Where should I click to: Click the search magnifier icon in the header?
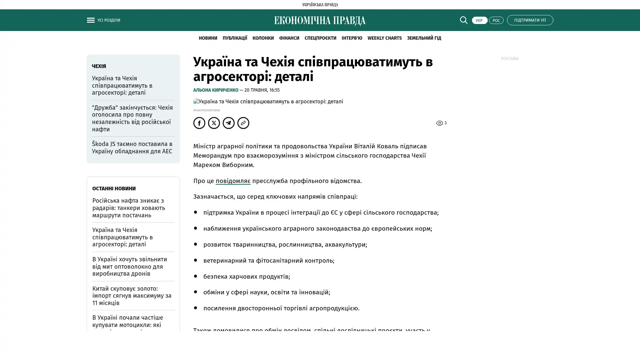tap(463, 20)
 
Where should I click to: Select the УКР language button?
tap(479, 20)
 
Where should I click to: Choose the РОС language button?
tap(496, 20)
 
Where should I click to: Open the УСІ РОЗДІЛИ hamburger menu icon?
tap(91, 20)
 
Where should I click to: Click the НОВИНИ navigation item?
tap(208, 38)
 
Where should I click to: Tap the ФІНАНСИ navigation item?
tap(289, 38)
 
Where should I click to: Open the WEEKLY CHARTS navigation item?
tap(384, 38)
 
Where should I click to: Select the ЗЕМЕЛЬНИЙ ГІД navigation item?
tap(424, 38)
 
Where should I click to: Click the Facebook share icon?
tap(199, 123)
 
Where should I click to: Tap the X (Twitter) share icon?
tap(214, 123)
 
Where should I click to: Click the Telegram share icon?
tap(229, 123)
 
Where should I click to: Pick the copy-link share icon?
tap(243, 123)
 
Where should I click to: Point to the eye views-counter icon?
tap(439, 123)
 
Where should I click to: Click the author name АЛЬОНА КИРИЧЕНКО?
tap(216, 90)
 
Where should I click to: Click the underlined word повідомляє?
tap(233, 181)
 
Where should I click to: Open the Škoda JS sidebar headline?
tap(132, 147)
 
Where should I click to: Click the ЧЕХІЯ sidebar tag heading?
tap(99, 66)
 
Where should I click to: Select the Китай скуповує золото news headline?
tap(132, 295)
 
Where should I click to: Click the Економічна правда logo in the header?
tap(320, 21)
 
